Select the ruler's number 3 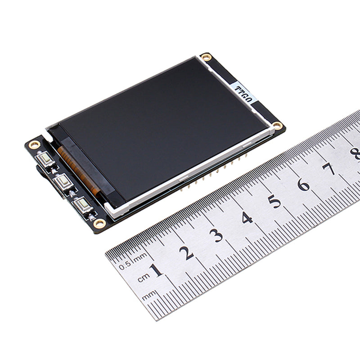[x=216, y=235]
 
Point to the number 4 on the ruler [x=247, y=218]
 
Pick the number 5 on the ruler [x=274, y=201]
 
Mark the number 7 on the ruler [x=329, y=169]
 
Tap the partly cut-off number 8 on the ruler [x=355, y=153]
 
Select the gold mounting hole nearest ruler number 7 [x=278, y=126]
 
